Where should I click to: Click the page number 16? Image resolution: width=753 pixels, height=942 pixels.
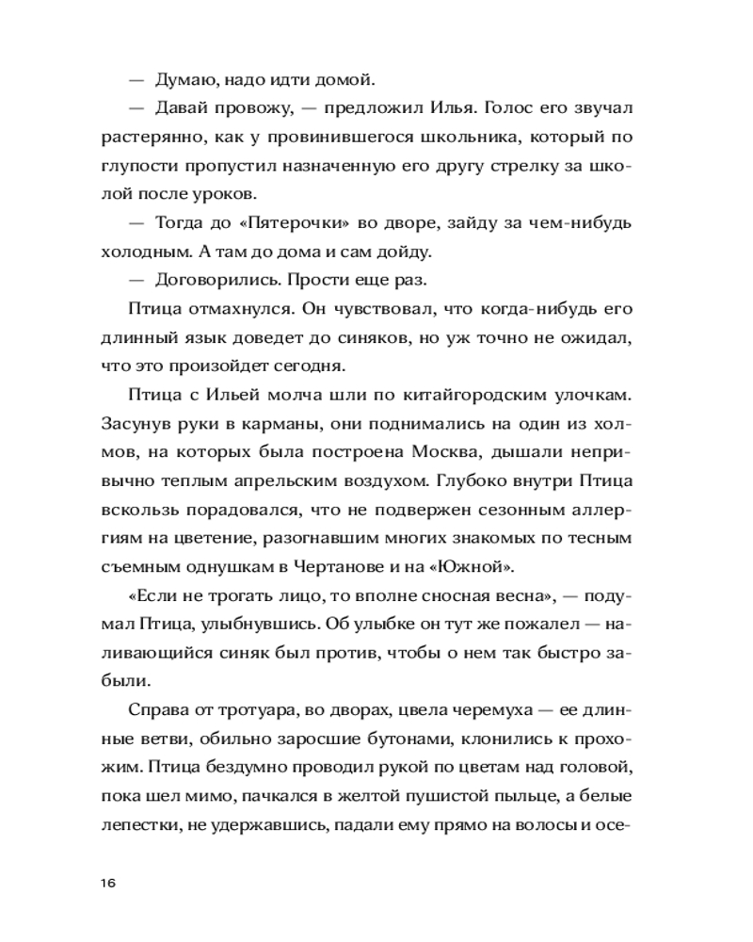click(105, 883)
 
